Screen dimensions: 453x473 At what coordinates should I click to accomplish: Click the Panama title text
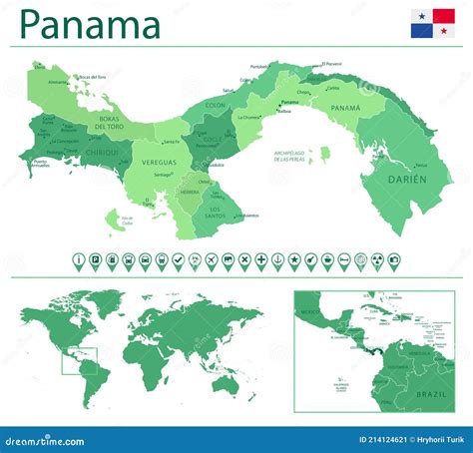coord(90,25)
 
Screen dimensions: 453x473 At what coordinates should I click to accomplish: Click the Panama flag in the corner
coord(434,24)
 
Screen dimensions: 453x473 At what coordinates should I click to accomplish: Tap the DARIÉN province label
coord(406,179)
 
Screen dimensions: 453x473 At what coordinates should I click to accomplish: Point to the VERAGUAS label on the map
coord(159,161)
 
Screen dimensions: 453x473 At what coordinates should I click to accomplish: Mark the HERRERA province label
coord(189,193)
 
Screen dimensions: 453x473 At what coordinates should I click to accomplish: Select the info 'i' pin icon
coord(79,260)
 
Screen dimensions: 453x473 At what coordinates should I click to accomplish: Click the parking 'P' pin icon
coord(95,260)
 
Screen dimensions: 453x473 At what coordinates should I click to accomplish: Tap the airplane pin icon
coord(212,260)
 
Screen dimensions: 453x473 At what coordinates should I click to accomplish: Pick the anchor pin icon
coord(277,260)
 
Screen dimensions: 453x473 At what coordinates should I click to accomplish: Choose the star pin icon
coord(294,260)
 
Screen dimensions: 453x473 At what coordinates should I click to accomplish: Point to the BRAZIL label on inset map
coord(433,394)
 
